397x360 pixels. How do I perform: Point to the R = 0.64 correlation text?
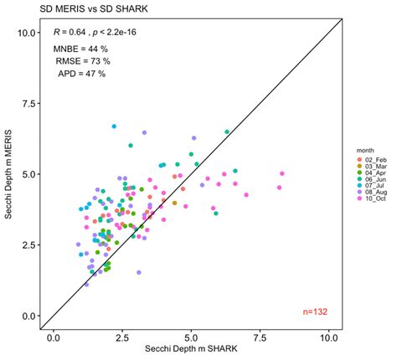coord(95,32)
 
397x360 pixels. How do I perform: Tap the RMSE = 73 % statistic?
coord(81,61)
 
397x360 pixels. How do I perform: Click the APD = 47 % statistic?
coord(81,74)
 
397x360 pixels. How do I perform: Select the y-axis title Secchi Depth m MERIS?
coord(8,174)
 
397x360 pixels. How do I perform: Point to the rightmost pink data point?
coord(282,174)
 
